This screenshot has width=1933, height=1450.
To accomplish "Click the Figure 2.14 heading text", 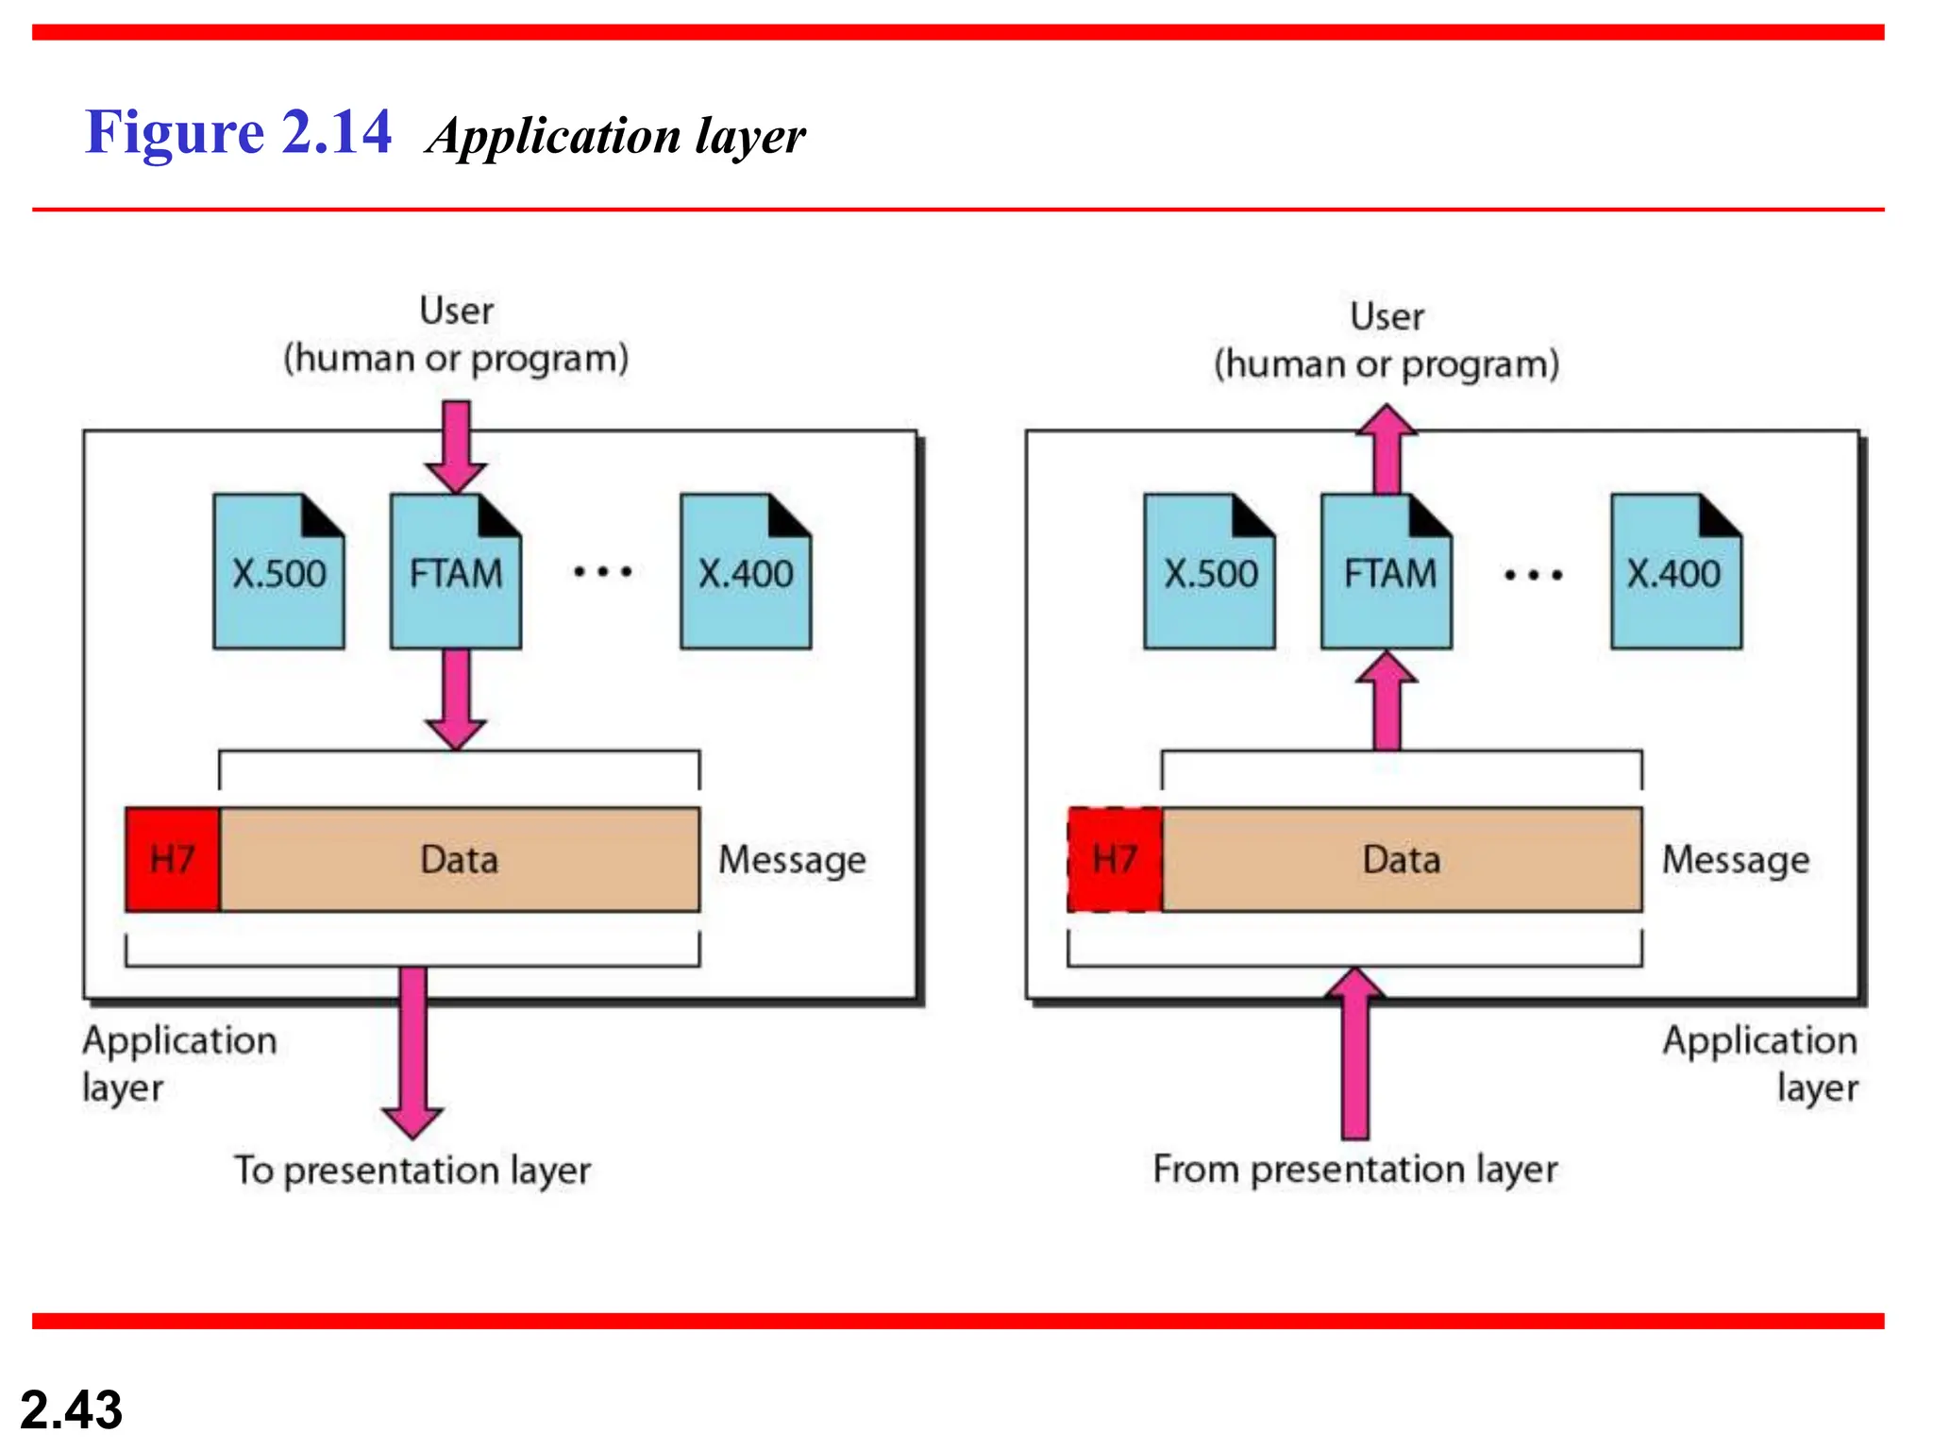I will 238,132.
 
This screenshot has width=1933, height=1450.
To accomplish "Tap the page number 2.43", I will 71,1410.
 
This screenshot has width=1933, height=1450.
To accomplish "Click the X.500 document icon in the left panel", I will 278,572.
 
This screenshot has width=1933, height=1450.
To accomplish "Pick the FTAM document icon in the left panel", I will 456,572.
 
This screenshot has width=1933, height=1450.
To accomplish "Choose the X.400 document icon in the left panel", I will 746,572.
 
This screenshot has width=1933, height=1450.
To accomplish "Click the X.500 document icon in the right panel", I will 1209,572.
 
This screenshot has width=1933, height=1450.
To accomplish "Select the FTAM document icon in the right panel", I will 1387,572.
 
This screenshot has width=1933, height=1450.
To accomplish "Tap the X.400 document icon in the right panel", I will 1676,572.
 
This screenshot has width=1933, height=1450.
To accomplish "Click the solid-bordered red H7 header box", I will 173,859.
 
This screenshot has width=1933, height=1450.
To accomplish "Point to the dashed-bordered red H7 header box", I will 1115,859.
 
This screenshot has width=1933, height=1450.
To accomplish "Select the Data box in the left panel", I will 460,859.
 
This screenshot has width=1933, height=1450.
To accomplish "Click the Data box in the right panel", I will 1402,859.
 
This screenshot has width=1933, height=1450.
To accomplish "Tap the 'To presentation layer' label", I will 412,1171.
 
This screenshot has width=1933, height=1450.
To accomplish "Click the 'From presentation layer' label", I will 1354,1170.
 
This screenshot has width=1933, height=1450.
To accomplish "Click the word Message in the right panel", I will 1736,860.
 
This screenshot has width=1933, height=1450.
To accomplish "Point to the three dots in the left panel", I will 602,571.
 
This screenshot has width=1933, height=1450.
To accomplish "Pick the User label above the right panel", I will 1387,317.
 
